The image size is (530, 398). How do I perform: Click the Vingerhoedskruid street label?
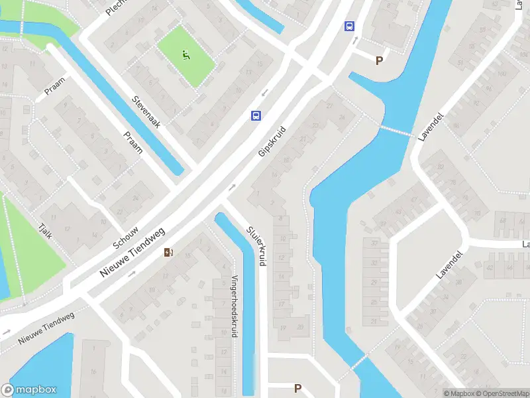pyautogui.click(x=234, y=307)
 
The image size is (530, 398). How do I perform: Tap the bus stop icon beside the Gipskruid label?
pyautogui.click(x=256, y=115)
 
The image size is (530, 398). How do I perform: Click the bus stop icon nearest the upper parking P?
pyautogui.click(x=349, y=27)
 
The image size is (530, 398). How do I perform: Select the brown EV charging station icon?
pyautogui.click(x=169, y=252)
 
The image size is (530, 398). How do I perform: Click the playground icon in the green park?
pyautogui.click(x=186, y=55)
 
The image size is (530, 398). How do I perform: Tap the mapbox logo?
pyautogui.click(x=28, y=390)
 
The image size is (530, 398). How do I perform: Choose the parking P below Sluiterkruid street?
pyautogui.click(x=297, y=388)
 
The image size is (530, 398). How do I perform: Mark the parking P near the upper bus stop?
pyautogui.click(x=379, y=61)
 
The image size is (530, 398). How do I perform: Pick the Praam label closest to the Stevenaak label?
pyautogui.click(x=132, y=141)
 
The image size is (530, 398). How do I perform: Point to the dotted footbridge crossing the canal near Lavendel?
pyautogui.click(x=396, y=131)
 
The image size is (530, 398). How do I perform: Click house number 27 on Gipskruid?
pyautogui.click(x=329, y=105)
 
